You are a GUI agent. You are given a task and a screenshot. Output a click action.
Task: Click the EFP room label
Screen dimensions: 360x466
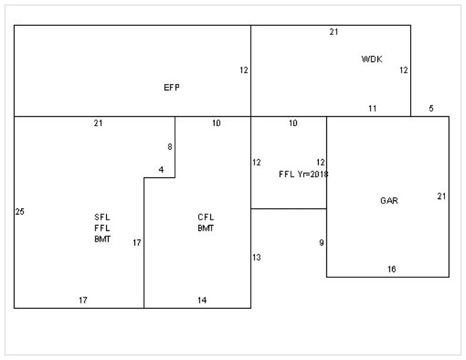(x=171, y=88)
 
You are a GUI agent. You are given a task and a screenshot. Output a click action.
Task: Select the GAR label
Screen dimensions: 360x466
(x=389, y=201)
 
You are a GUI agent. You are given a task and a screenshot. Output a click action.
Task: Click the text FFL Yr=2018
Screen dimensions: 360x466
(x=303, y=174)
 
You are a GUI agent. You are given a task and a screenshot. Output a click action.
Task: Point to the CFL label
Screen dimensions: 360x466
(x=205, y=217)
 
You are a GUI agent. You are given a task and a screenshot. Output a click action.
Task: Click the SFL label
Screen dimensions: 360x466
(x=102, y=217)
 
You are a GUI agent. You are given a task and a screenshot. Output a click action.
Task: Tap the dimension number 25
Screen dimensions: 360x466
(x=19, y=212)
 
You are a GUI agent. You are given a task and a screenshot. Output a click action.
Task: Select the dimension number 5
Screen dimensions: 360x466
(x=431, y=108)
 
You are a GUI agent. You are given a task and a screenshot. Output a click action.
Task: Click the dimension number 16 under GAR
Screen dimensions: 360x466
(x=392, y=269)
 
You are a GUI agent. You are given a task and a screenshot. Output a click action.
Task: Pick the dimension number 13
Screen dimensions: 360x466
(x=257, y=257)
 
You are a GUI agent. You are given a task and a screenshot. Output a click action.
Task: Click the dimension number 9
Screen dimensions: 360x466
(x=321, y=242)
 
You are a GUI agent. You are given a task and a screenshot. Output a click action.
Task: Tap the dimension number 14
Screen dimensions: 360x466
(x=202, y=300)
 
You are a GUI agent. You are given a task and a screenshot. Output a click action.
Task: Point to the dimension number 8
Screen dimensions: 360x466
(x=170, y=147)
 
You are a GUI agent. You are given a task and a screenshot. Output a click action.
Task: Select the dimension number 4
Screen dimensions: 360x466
(x=161, y=170)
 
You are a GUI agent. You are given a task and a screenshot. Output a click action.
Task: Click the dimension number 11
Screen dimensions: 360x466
(x=372, y=108)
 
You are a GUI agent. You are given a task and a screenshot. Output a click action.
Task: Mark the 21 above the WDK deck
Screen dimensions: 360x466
(x=334, y=32)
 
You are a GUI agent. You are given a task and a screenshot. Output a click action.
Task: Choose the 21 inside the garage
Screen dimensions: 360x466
(x=441, y=196)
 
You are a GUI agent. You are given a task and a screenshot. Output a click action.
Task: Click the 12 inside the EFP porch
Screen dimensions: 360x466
(x=244, y=70)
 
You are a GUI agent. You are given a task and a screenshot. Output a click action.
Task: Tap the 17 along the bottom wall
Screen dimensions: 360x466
(x=84, y=300)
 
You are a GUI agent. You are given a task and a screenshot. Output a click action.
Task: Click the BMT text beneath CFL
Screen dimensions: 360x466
(x=205, y=228)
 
